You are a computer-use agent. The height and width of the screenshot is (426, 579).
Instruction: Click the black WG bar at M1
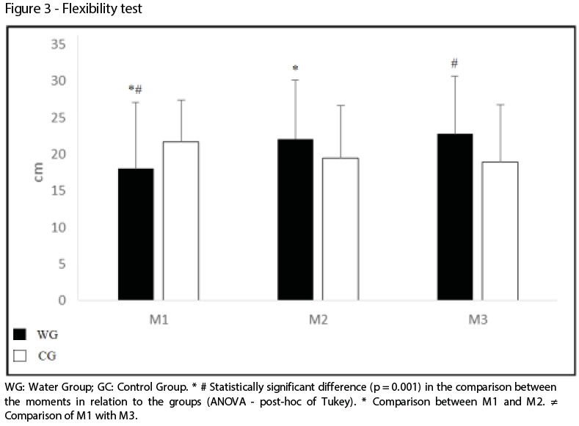[136, 234]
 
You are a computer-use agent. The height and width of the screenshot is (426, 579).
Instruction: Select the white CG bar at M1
[181, 220]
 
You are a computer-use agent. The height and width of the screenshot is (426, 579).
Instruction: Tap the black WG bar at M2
[295, 219]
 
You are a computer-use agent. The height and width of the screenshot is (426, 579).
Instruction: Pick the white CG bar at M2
[340, 228]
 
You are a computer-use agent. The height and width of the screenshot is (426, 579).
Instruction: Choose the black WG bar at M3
[454, 217]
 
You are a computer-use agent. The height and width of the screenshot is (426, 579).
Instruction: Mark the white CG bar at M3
[499, 231]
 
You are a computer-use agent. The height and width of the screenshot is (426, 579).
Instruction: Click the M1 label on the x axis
[158, 320]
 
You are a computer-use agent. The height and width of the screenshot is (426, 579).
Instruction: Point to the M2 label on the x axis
[318, 320]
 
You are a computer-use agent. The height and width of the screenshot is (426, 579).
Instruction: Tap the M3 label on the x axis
[477, 320]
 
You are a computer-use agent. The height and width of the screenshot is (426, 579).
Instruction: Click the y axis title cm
[40, 173]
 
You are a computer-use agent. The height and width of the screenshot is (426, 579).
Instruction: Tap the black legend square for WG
[21, 335]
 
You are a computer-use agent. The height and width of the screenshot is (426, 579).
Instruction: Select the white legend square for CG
[21, 356]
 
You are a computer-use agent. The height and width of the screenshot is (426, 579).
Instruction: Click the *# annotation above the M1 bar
[135, 89]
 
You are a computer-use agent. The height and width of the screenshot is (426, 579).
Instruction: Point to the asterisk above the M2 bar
[295, 69]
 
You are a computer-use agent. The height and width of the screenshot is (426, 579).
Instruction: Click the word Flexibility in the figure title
[75, 9]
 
